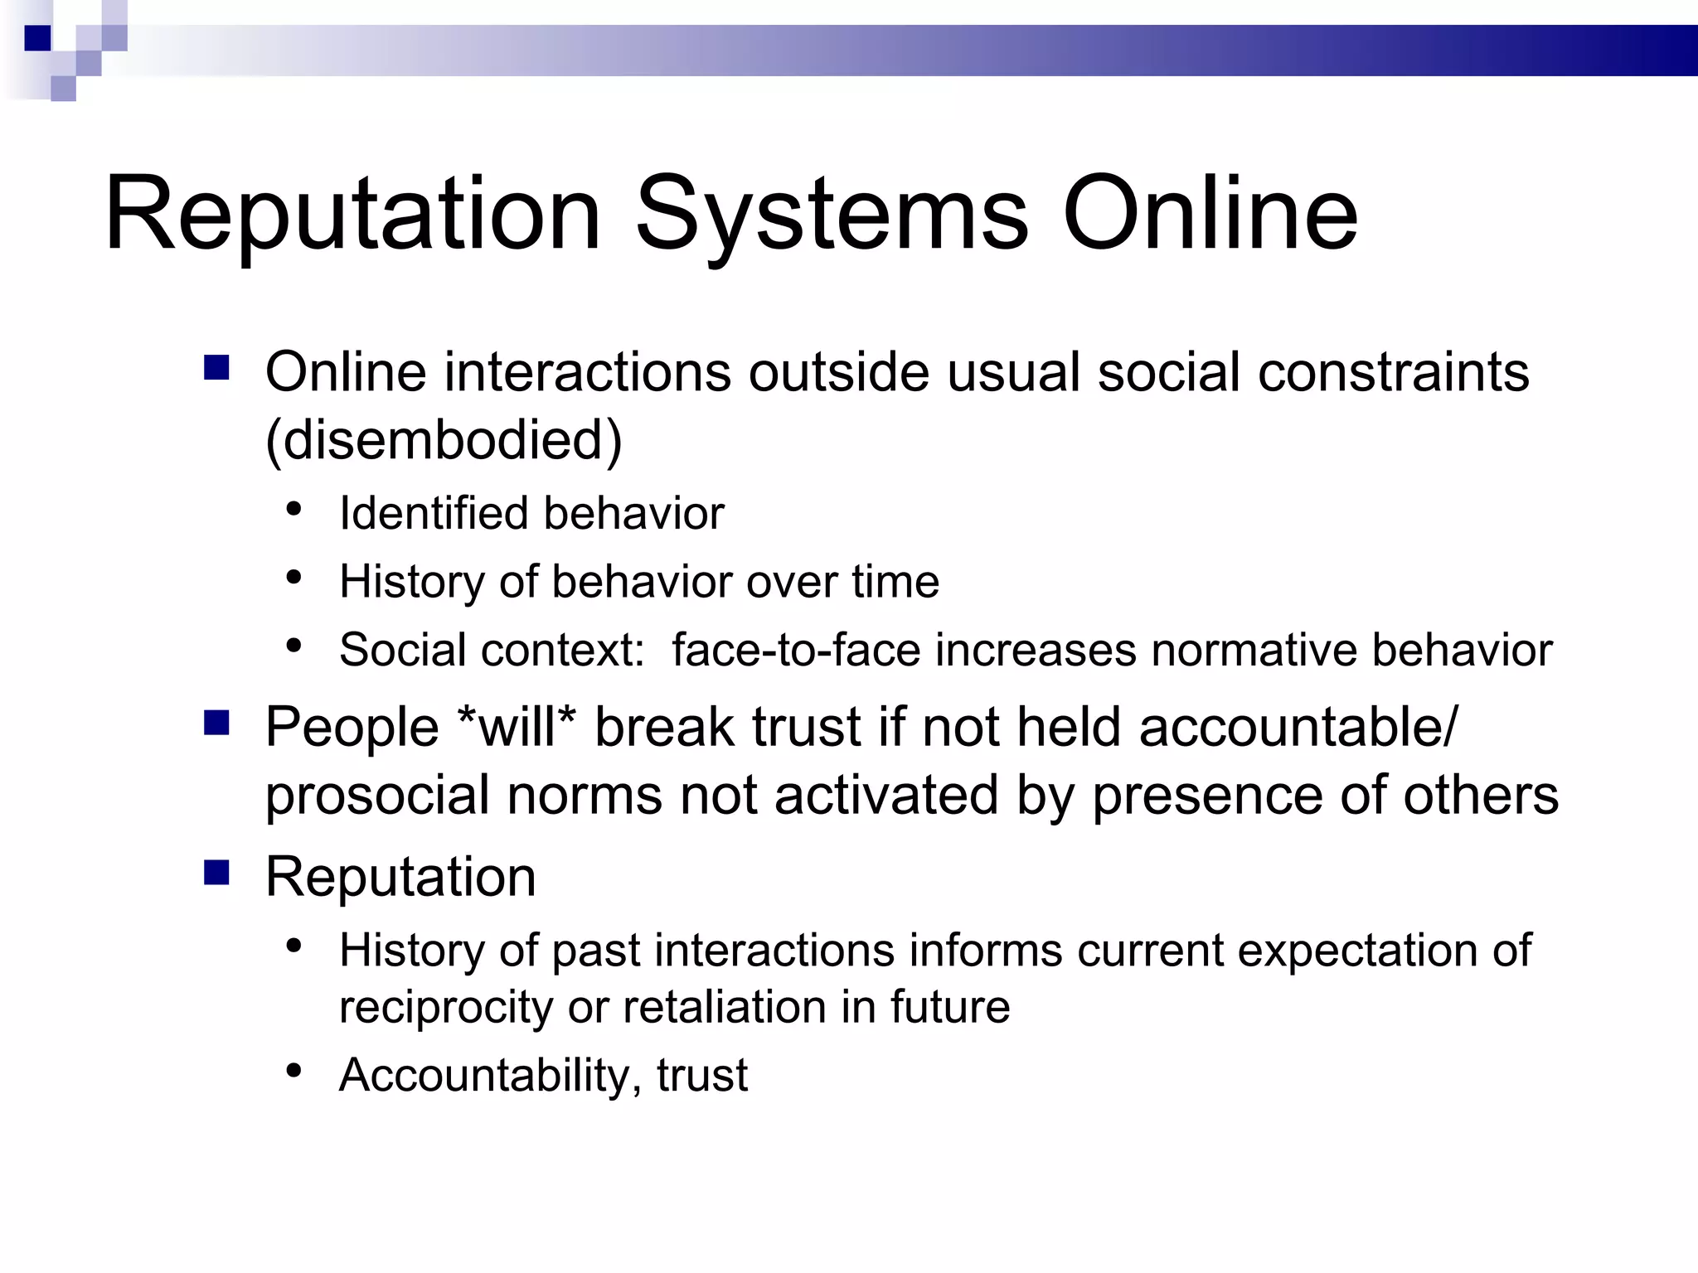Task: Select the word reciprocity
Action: pos(446,1007)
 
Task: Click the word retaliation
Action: pos(724,1007)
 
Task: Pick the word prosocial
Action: pos(377,796)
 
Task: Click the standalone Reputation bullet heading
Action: pos(400,877)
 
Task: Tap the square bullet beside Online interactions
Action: pos(216,368)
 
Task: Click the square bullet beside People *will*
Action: pos(216,724)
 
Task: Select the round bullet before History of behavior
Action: pos(294,578)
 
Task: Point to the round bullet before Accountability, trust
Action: pos(294,1071)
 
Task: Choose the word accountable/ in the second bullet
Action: pos(1297,727)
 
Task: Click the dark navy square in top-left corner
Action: pos(38,38)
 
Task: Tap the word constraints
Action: pos(1393,371)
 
